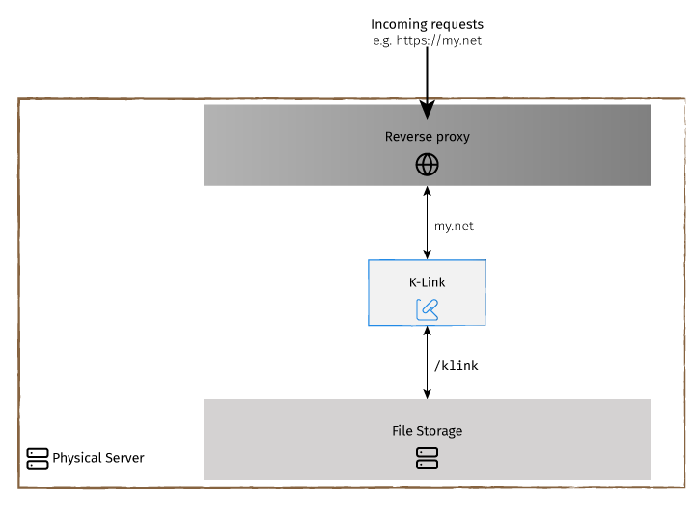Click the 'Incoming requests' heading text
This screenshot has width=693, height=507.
tap(427, 23)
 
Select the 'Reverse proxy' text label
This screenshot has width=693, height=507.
tap(427, 137)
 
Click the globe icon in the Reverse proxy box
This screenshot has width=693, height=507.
tap(427, 165)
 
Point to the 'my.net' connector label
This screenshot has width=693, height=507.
tap(454, 226)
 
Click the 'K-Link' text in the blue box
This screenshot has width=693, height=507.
tap(427, 282)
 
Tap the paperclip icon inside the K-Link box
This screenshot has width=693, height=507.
tap(427, 308)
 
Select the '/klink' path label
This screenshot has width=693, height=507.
tap(456, 365)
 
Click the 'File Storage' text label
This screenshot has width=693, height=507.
tap(427, 430)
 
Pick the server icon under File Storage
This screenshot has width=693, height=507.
tap(427, 458)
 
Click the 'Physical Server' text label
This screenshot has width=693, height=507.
tap(98, 458)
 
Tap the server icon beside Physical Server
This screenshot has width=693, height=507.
tap(38, 458)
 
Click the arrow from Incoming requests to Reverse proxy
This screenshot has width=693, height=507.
tap(427, 77)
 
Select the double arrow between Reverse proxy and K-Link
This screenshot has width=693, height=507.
tap(427, 222)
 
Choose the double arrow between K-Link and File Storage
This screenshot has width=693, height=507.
tap(427, 362)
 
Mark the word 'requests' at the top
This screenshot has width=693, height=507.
tap(457, 23)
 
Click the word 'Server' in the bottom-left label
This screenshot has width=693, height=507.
tap(124, 458)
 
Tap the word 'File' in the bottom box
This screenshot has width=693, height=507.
tap(402, 430)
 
